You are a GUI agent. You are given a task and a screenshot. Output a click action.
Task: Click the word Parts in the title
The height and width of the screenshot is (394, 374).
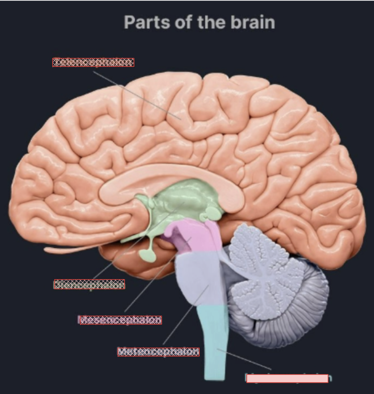(x=147, y=22)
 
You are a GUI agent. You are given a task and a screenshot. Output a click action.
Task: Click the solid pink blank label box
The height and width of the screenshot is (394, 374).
(x=287, y=378)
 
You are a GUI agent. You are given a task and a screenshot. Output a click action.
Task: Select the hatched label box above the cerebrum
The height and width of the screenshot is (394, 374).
(x=93, y=62)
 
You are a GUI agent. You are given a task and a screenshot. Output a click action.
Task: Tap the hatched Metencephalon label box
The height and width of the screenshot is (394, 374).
(x=158, y=352)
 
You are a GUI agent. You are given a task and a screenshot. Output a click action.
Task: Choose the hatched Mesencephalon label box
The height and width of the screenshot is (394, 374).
(x=121, y=320)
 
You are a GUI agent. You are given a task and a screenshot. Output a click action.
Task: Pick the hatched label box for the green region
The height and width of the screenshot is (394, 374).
(x=89, y=284)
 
